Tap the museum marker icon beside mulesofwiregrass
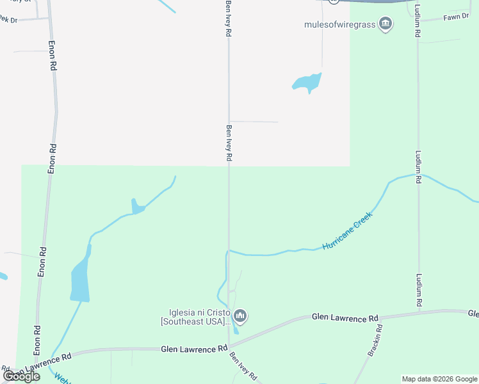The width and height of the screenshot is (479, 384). point(386,25)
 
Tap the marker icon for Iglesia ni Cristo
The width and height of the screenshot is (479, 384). point(241,316)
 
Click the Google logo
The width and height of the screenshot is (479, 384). point(21,376)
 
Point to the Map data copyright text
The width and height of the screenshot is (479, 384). point(439,379)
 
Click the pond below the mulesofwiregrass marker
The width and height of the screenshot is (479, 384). point(307,82)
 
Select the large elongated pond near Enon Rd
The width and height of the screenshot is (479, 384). point(80,278)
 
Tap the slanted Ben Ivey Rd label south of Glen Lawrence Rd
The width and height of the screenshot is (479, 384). point(244,367)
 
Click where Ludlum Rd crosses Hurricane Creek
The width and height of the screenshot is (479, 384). point(418,174)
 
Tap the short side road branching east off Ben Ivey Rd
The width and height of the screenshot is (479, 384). point(254,122)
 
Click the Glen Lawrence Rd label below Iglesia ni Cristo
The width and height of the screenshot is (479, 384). point(194,349)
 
